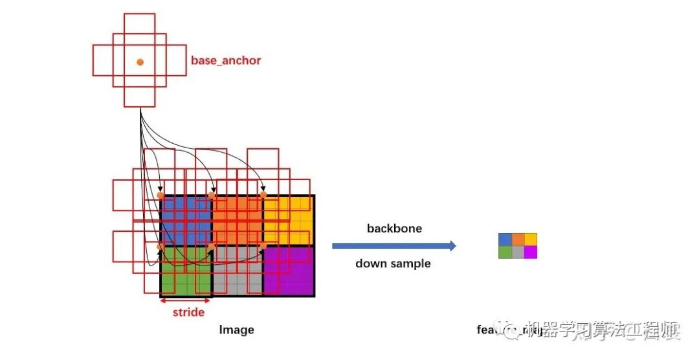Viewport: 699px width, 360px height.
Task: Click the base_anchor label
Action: [x=226, y=61]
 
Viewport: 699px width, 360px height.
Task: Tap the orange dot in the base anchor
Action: [x=140, y=62]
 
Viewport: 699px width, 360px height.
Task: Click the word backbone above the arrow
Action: [x=394, y=229]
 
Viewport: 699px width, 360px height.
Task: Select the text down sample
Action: [x=393, y=264]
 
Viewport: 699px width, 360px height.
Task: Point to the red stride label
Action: [x=188, y=313]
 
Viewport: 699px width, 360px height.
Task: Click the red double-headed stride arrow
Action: [x=186, y=300]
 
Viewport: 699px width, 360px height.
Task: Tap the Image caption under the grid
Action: [x=236, y=330]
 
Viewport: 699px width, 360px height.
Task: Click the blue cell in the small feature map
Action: [x=505, y=240]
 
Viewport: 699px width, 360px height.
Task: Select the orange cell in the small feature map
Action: [x=518, y=240]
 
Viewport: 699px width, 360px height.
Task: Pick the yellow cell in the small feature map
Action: [x=531, y=240]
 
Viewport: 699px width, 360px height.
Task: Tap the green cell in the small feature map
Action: [x=505, y=252]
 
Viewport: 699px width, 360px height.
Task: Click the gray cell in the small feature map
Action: [x=518, y=252]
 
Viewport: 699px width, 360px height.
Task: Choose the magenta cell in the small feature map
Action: [x=531, y=252]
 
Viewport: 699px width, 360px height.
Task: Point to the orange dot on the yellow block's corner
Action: [x=263, y=195]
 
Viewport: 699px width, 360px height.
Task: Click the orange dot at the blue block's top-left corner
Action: [x=161, y=195]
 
